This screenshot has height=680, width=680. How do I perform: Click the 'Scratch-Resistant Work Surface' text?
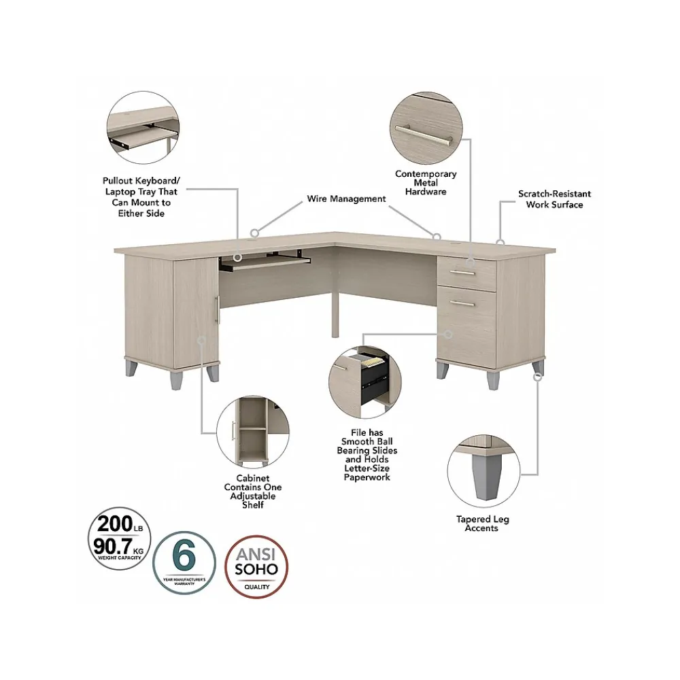point(554,199)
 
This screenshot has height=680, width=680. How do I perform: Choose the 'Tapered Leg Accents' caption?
point(482,524)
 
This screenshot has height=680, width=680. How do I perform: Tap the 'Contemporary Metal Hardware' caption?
point(426,183)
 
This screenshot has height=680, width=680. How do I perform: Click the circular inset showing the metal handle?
point(426,128)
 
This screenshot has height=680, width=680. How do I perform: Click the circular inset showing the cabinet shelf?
point(252,433)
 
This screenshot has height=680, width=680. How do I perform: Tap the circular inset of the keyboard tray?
point(143,129)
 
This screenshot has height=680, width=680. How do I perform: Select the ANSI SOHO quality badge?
point(256,564)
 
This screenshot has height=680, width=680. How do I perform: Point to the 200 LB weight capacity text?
point(120,524)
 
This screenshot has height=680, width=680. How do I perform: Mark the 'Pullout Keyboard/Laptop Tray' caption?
point(141,197)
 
